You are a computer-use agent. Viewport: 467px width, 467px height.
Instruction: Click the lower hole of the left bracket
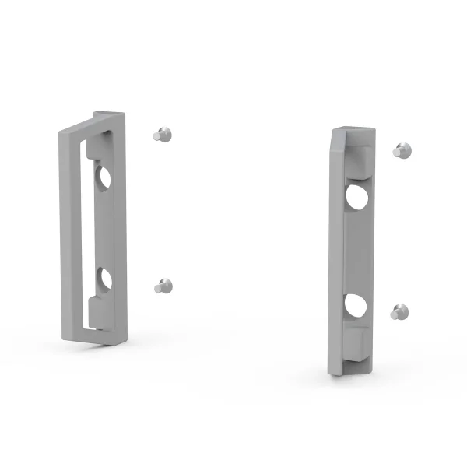[104, 278]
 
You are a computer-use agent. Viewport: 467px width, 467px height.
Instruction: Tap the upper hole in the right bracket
[358, 196]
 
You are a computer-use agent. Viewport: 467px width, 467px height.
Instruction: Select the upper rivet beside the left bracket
[161, 134]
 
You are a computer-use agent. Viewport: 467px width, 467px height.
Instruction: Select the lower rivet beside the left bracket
[162, 286]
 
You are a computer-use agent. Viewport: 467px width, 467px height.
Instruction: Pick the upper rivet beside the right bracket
[402, 151]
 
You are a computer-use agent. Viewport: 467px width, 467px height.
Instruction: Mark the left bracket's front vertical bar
[68, 233]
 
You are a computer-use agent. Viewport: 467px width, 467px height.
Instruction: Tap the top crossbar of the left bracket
[97, 122]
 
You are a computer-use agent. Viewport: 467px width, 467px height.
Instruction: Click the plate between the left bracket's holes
[104, 227]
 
